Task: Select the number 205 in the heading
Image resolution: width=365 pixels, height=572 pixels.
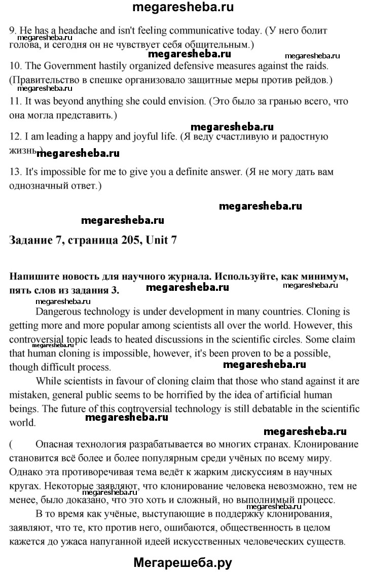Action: click(132, 240)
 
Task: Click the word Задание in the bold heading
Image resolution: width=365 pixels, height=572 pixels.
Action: click(30, 240)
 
